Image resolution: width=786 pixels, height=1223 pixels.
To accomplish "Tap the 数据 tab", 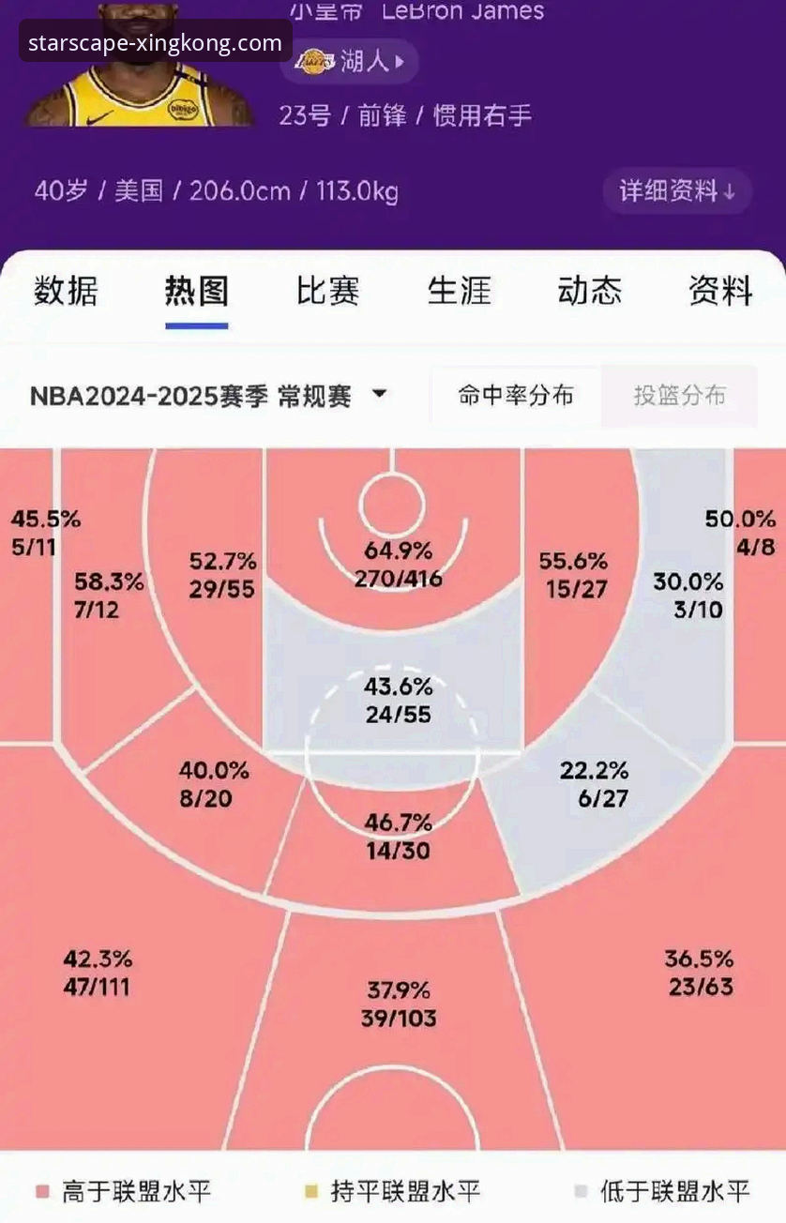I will tap(66, 292).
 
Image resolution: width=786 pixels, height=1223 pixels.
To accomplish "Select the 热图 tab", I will tap(197, 292).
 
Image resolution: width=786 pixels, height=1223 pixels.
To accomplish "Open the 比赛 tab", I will tap(327, 292).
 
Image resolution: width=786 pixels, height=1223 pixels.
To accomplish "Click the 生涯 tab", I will tap(459, 292).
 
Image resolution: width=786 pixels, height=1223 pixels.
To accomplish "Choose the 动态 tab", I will tap(590, 292).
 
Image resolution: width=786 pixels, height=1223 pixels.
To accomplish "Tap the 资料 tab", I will tap(720, 292).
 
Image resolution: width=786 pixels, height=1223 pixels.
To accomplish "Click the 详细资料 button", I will tap(676, 191).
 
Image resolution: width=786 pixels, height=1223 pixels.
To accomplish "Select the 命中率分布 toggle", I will tap(515, 396).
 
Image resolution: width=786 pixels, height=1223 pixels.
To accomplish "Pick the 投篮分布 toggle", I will tap(679, 396).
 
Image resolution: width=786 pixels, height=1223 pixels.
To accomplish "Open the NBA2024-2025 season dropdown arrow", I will tap(379, 394).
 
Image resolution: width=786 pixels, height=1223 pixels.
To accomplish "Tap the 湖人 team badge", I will tap(351, 62).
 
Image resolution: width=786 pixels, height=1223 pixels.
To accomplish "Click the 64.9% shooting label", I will tap(399, 551).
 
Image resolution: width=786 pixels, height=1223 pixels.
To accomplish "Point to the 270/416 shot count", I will tap(399, 580).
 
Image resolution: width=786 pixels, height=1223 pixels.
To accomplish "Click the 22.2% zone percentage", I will tap(594, 771).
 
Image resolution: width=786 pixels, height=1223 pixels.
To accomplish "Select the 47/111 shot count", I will tap(98, 987).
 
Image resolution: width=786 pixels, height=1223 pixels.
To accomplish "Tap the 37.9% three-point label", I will tap(399, 990).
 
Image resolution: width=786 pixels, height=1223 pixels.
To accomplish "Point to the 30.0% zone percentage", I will tap(688, 581).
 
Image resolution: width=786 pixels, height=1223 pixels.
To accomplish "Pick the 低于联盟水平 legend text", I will tap(675, 1192).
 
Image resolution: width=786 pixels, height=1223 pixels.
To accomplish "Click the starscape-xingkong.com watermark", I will tap(156, 43).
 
